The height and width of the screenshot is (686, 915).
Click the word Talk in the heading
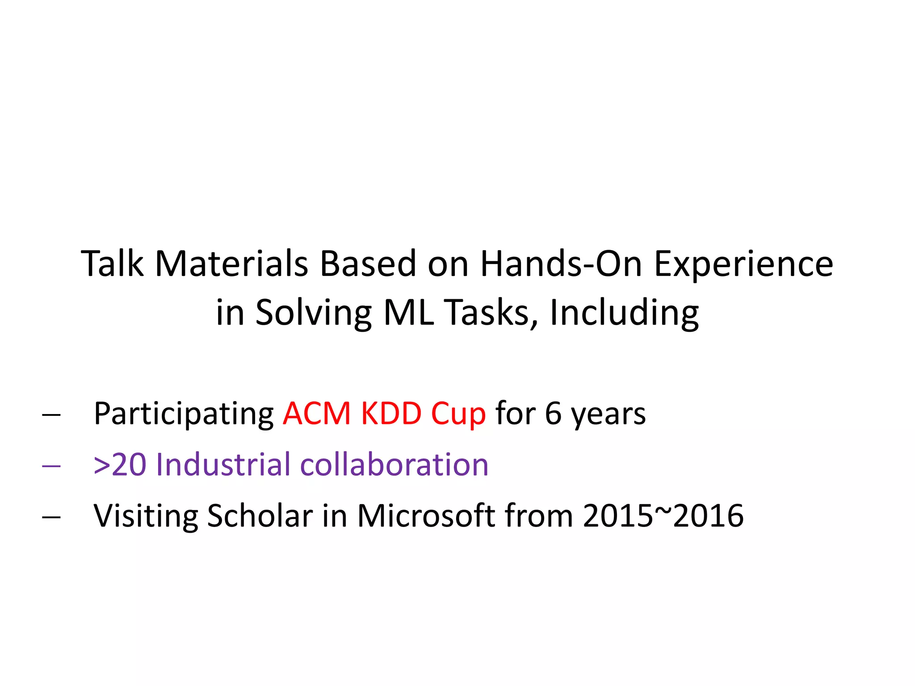tap(112, 264)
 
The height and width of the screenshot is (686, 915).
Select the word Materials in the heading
tap(231, 264)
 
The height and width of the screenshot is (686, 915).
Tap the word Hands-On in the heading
tap(561, 264)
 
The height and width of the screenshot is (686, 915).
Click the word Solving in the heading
tap(313, 313)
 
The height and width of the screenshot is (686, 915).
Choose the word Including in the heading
tap(624, 313)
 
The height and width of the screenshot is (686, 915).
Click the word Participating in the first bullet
tap(184, 414)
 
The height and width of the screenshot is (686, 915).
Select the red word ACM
tap(317, 414)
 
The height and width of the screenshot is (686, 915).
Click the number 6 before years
tap(553, 414)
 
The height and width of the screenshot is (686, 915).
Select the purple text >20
tap(120, 465)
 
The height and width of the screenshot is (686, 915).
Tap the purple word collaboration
tap(394, 465)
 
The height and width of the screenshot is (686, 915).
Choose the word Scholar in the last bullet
tap(260, 516)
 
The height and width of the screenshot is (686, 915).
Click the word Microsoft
tap(426, 516)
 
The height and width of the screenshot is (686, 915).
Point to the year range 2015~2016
tap(663, 516)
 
